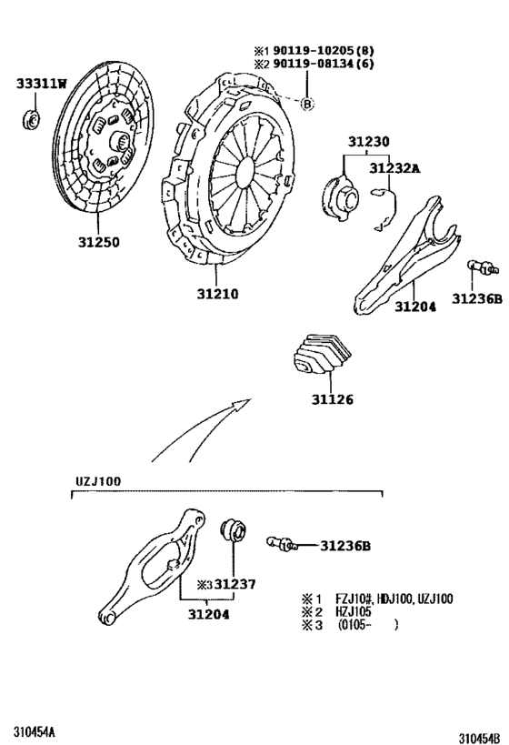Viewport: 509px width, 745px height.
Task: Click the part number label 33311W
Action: [42, 85]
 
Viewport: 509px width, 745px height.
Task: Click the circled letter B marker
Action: [306, 104]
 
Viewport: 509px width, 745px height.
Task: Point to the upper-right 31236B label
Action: [476, 297]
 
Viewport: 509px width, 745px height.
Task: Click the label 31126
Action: [330, 399]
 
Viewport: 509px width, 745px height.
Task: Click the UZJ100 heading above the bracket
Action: [97, 480]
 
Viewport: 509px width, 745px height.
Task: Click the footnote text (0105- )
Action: [368, 626]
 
